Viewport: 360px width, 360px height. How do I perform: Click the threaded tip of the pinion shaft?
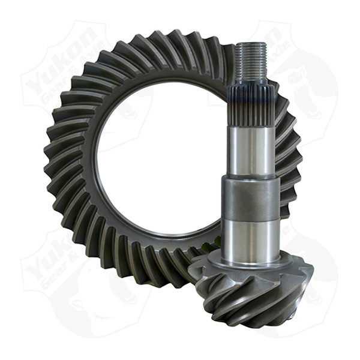pyautogui.click(x=248, y=63)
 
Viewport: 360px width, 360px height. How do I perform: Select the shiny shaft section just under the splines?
pyautogui.click(x=251, y=147)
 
